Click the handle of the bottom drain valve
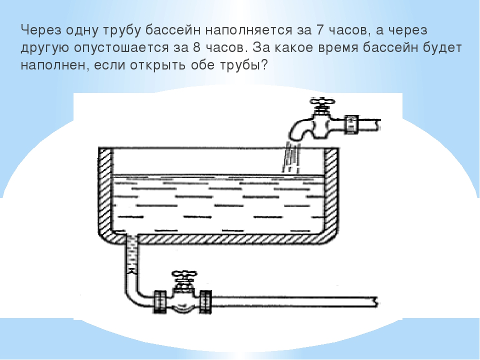[184, 275]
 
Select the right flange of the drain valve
[205, 302]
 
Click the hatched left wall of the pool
[106, 190]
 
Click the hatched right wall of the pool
[332, 190]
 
